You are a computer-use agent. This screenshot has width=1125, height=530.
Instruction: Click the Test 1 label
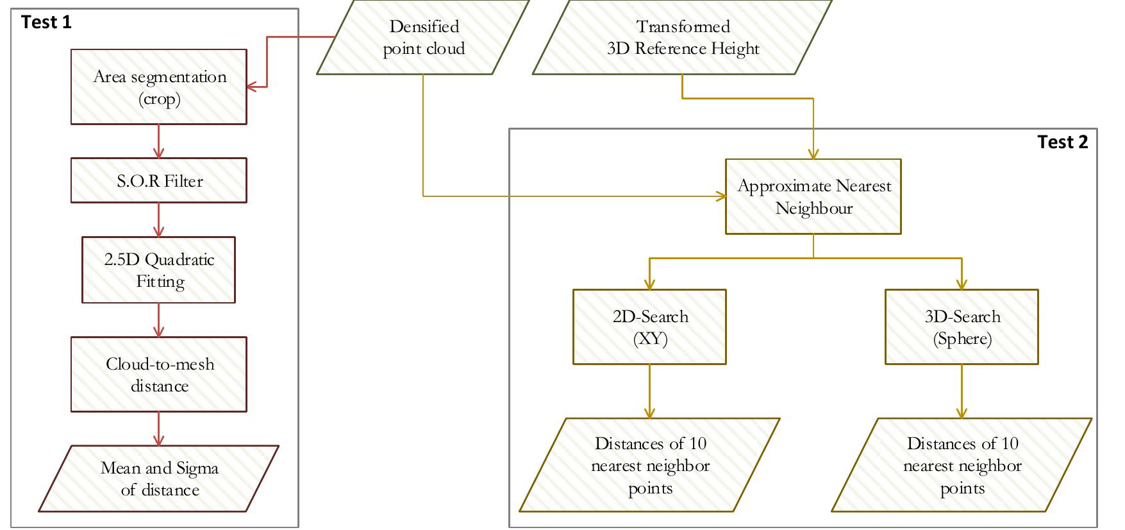coord(46,22)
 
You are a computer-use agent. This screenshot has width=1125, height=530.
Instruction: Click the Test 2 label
coord(1062,142)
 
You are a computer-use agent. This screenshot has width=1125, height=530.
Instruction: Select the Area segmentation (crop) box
coord(159,87)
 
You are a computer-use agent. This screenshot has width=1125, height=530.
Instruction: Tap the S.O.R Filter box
coord(159,181)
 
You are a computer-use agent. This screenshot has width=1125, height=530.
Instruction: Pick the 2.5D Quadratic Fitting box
coord(159,270)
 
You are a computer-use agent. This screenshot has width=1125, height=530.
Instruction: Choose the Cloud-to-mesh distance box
coord(159,375)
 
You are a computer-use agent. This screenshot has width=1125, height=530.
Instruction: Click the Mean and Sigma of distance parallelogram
coord(159,479)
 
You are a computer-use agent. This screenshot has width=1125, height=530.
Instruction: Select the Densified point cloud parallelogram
coord(423,37)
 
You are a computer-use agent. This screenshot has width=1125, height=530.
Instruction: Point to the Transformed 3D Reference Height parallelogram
coord(683,37)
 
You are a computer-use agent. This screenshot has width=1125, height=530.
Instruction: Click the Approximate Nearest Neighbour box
coord(813,197)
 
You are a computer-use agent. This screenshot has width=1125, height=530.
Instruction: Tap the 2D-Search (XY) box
coord(649,327)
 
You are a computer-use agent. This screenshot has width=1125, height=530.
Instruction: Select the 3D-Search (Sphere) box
coord(962,327)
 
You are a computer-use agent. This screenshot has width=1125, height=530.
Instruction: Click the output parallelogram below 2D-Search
coord(649,466)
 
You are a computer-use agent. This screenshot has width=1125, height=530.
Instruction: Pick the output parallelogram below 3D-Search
coord(962,466)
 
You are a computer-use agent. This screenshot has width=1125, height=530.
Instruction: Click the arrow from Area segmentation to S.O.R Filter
coord(159,141)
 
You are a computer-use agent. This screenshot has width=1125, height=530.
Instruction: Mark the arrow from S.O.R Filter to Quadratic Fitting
coord(159,220)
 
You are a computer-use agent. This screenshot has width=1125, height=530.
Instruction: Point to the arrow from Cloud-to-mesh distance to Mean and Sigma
coord(159,429)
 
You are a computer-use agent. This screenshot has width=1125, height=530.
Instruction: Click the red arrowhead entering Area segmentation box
coord(252,86)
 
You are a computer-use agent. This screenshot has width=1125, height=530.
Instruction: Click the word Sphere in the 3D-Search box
coord(962,339)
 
